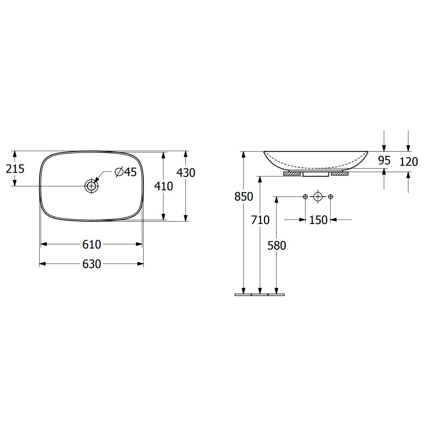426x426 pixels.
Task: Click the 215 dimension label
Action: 15,169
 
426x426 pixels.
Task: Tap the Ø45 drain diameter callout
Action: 126,172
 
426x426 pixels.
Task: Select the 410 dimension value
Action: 164,186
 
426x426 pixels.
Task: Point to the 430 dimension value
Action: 186,173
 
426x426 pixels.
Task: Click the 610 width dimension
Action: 92,244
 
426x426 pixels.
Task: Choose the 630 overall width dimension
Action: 92,264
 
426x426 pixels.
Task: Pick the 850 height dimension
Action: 244,197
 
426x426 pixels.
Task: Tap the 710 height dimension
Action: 260,220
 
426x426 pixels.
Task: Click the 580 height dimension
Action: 277,245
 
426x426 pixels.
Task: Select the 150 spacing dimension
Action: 318,220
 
